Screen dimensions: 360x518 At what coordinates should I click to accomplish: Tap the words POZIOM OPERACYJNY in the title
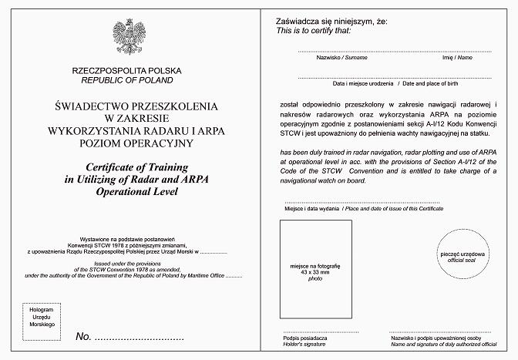coord(129,142)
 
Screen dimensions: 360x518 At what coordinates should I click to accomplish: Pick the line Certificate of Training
coord(129,168)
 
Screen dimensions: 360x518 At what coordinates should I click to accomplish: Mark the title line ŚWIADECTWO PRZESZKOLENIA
coord(129,105)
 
